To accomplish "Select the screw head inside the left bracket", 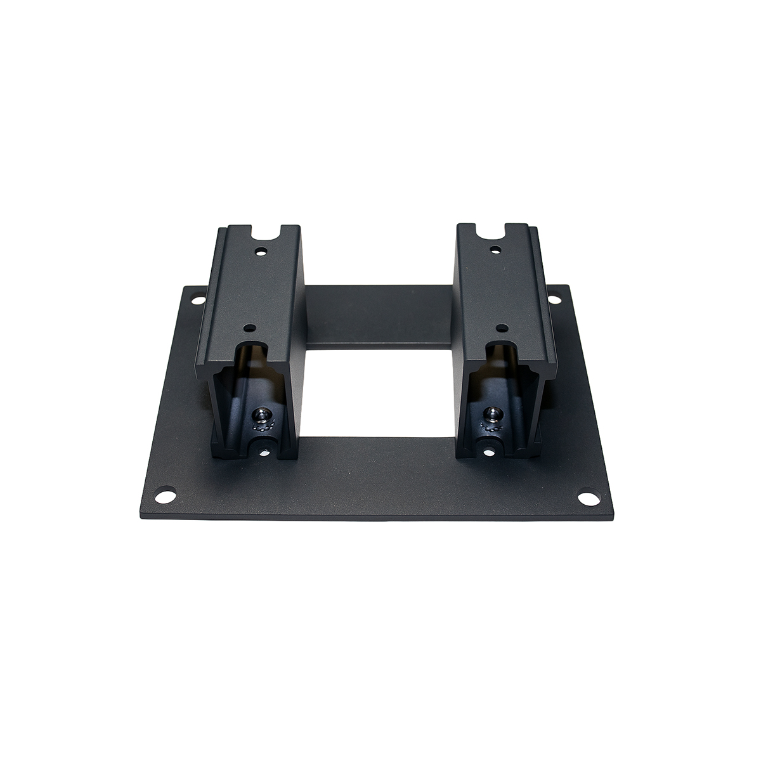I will point(260,415).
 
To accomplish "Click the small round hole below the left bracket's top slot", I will point(259,251).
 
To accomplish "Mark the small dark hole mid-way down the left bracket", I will point(251,328).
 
